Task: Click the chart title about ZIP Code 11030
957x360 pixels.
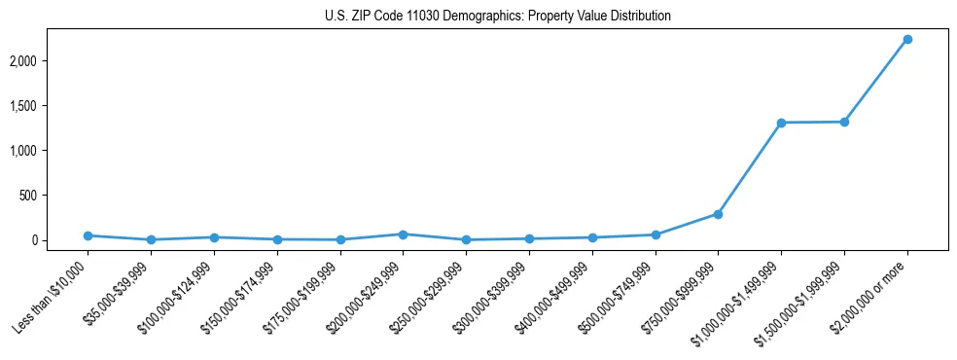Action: point(497,16)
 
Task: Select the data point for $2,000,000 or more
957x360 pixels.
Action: point(906,39)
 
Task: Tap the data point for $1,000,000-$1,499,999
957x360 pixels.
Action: point(781,123)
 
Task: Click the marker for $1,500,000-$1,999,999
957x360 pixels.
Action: point(844,122)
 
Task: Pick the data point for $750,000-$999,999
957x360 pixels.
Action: point(718,214)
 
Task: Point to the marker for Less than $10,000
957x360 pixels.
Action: point(88,235)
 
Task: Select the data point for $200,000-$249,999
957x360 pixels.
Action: point(403,234)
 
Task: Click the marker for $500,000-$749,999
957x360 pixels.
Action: point(656,234)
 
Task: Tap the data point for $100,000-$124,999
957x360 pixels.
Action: point(214,237)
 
